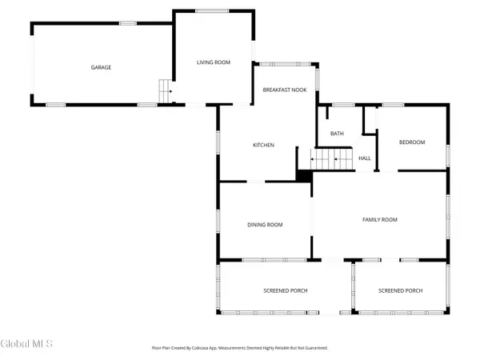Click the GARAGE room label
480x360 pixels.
tap(101, 67)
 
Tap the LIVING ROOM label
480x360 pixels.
tap(214, 62)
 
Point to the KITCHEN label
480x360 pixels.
tap(264, 145)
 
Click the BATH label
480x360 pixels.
tap(338, 133)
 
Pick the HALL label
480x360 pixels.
tap(364, 158)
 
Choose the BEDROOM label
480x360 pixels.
tap(412, 142)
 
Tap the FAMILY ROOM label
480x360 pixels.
tap(380, 219)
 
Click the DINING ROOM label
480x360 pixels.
tap(264, 225)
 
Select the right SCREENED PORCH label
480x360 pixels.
tap(400, 290)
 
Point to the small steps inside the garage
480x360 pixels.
tap(166, 91)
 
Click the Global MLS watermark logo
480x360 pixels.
tap(27, 344)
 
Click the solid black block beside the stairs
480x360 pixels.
tap(304, 174)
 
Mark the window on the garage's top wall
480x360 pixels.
tap(128, 23)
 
